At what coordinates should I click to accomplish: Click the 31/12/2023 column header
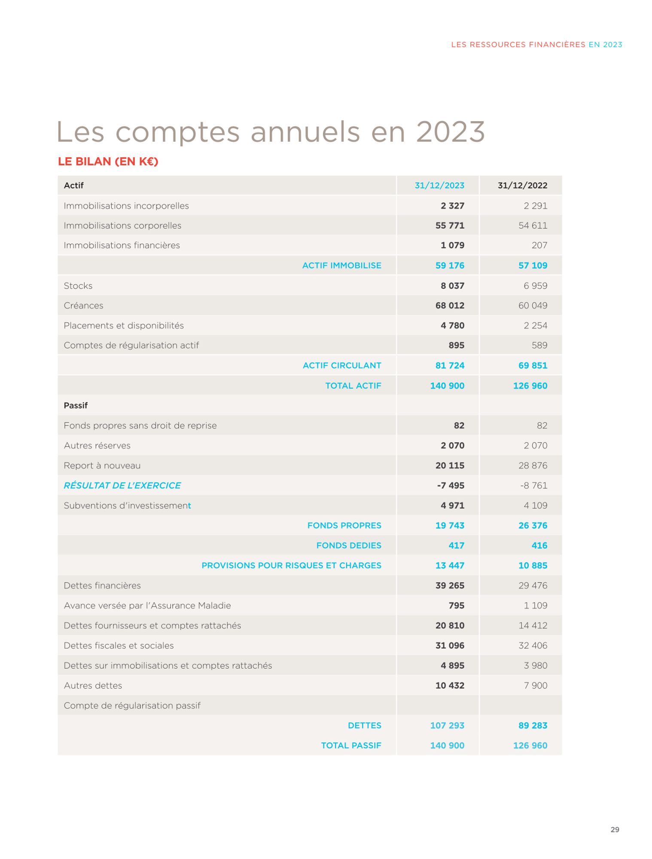(x=439, y=186)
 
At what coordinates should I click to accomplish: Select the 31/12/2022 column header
(x=522, y=186)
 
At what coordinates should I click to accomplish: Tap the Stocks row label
(x=78, y=286)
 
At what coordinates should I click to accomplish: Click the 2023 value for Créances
(x=449, y=305)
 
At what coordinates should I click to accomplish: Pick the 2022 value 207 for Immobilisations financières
(x=539, y=245)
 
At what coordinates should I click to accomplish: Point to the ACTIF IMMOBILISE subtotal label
(x=341, y=265)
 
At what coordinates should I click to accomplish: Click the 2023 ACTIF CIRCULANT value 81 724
(x=449, y=366)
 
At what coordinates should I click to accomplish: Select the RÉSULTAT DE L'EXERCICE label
(x=122, y=485)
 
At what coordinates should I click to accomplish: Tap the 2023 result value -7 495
(x=450, y=485)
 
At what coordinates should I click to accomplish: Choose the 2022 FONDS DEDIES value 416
(x=539, y=545)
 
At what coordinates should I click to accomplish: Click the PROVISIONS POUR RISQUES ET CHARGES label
(x=291, y=565)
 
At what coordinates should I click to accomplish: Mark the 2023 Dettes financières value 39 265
(x=449, y=585)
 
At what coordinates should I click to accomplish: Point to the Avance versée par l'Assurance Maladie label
(x=147, y=606)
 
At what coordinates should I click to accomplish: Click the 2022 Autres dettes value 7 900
(x=535, y=685)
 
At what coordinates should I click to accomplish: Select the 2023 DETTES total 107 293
(x=447, y=725)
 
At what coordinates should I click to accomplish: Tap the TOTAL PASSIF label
(x=351, y=746)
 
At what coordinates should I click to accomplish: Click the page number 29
(x=615, y=830)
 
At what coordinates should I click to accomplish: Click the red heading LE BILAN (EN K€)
(x=108, y=161)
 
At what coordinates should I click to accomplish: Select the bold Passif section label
(x=76, y=405)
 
